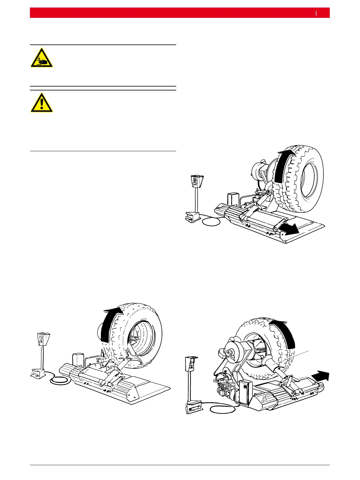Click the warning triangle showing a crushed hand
click(x=42, y=58)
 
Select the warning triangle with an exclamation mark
click(x=42, y=103)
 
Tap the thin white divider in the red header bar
click(x=316, y=13)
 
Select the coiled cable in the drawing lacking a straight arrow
click(x=60, y=381)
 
